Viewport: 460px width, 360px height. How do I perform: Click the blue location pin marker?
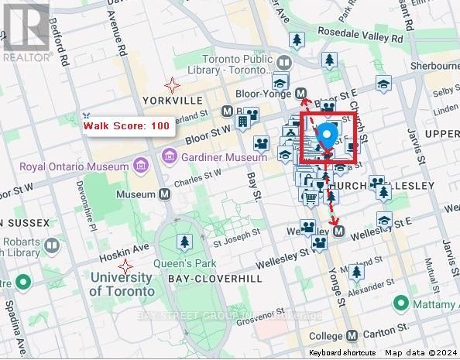[x=327, y=136]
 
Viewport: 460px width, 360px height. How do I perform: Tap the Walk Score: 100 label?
[x=126, y=125]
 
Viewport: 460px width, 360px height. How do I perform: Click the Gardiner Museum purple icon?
[x=166, y=158]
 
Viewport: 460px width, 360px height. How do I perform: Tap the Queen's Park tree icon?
[x=184, y=242]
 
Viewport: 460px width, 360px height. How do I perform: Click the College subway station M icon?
[x=353, y=336]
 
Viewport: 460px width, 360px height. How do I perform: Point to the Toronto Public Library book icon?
[x=284, y=63]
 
